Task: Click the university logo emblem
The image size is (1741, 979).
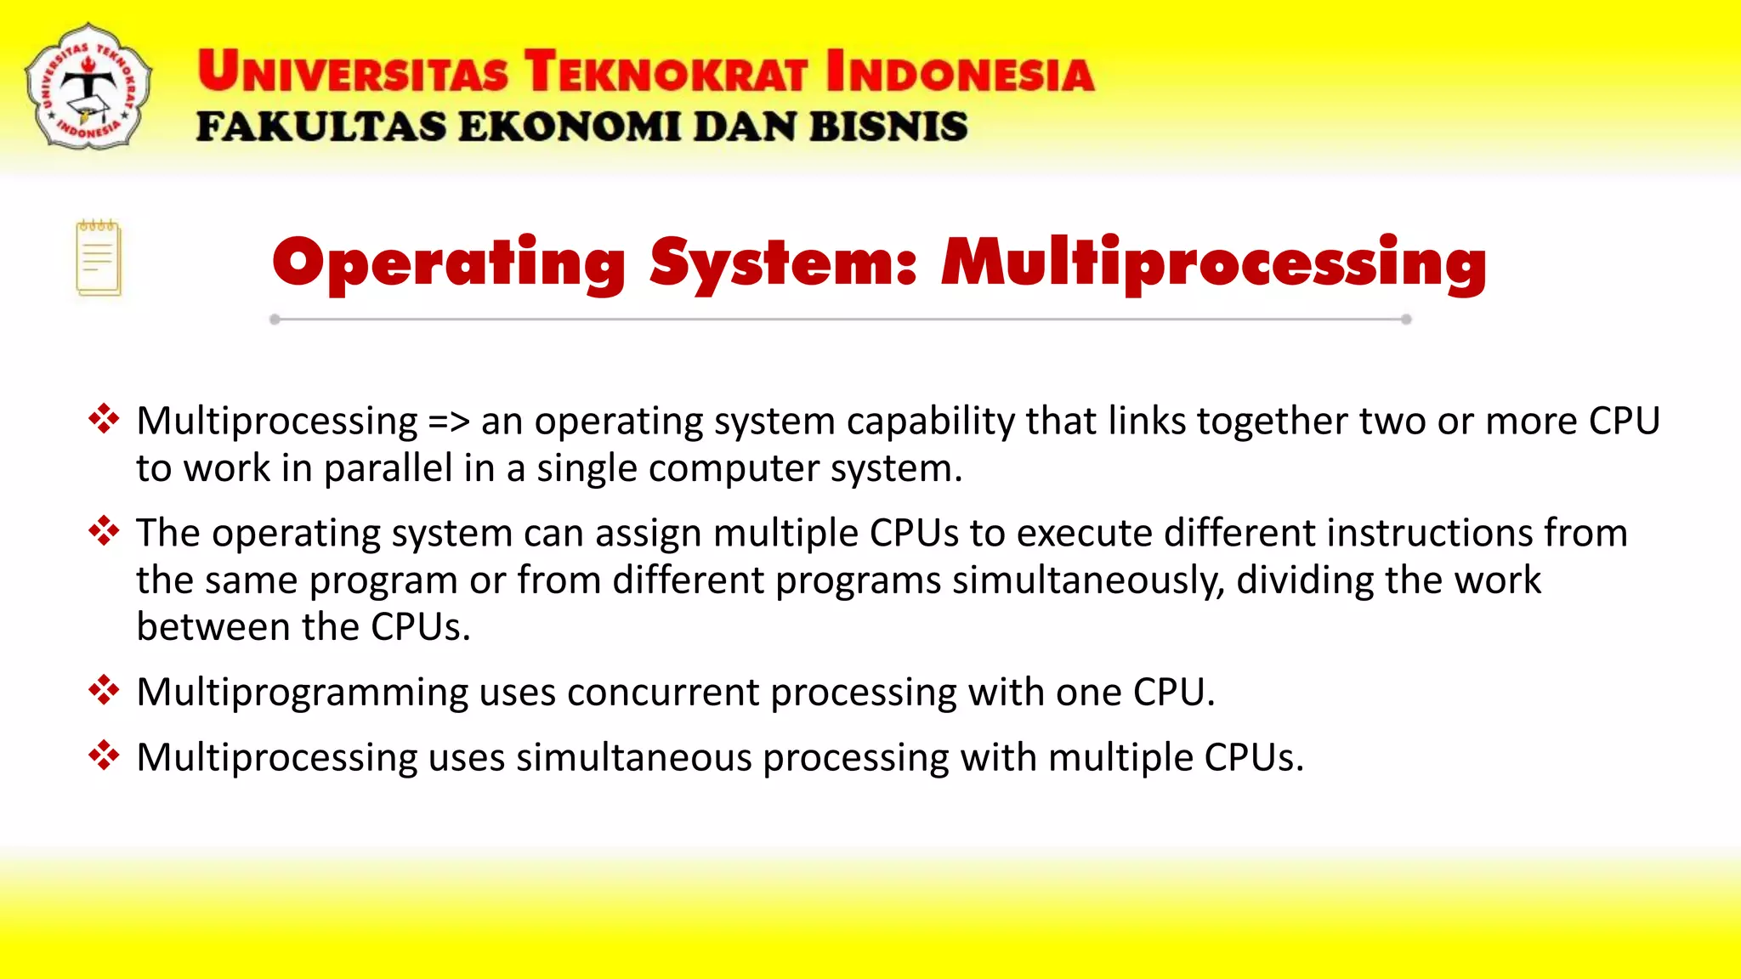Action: pyautogui.click(x=88, y=87)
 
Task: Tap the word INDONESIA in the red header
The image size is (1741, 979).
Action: pyautogui.click(x=960, y=71)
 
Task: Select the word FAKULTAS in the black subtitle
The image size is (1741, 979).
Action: pyautogui.click(x=320, y=127)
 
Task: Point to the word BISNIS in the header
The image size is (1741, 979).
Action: pyautogui.click(x=888, y=127)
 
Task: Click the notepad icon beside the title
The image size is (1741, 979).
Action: pyautogui.click(x=99, y=258)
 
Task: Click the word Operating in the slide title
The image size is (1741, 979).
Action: pyautogui.click(x=449, y=263)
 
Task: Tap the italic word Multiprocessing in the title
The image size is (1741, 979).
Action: pyautogui.click(x=1214, y=263)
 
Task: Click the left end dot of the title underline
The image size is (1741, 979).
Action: pyautogui.click(x=275, y=320)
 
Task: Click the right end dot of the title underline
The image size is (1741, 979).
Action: pyautogui.click(x=1406, y=320)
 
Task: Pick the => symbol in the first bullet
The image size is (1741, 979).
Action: pyautogui.click(x=449, y=422)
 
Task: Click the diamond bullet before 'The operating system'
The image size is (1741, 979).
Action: pyautogui.click(x=104, y=531)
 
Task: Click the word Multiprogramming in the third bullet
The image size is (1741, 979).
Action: pyautogui.click(x=302, y=693)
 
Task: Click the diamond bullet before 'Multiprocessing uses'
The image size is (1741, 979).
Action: pyautogui.click(x=104, y=755)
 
